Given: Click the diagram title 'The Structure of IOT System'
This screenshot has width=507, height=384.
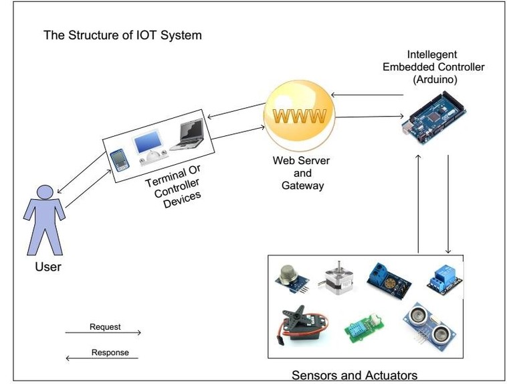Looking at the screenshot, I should click(122, 35).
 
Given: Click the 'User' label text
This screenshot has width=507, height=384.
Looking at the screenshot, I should click(47, 267).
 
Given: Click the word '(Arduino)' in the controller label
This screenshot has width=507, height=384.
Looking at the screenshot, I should click(433, 79).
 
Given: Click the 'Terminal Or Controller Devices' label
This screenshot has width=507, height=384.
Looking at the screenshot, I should click(173, 187).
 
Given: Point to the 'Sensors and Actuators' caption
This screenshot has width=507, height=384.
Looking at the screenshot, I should click(354, 375).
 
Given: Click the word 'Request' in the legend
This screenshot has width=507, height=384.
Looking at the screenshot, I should click(105, 327).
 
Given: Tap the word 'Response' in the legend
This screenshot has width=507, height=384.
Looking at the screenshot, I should click(110, 353).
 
